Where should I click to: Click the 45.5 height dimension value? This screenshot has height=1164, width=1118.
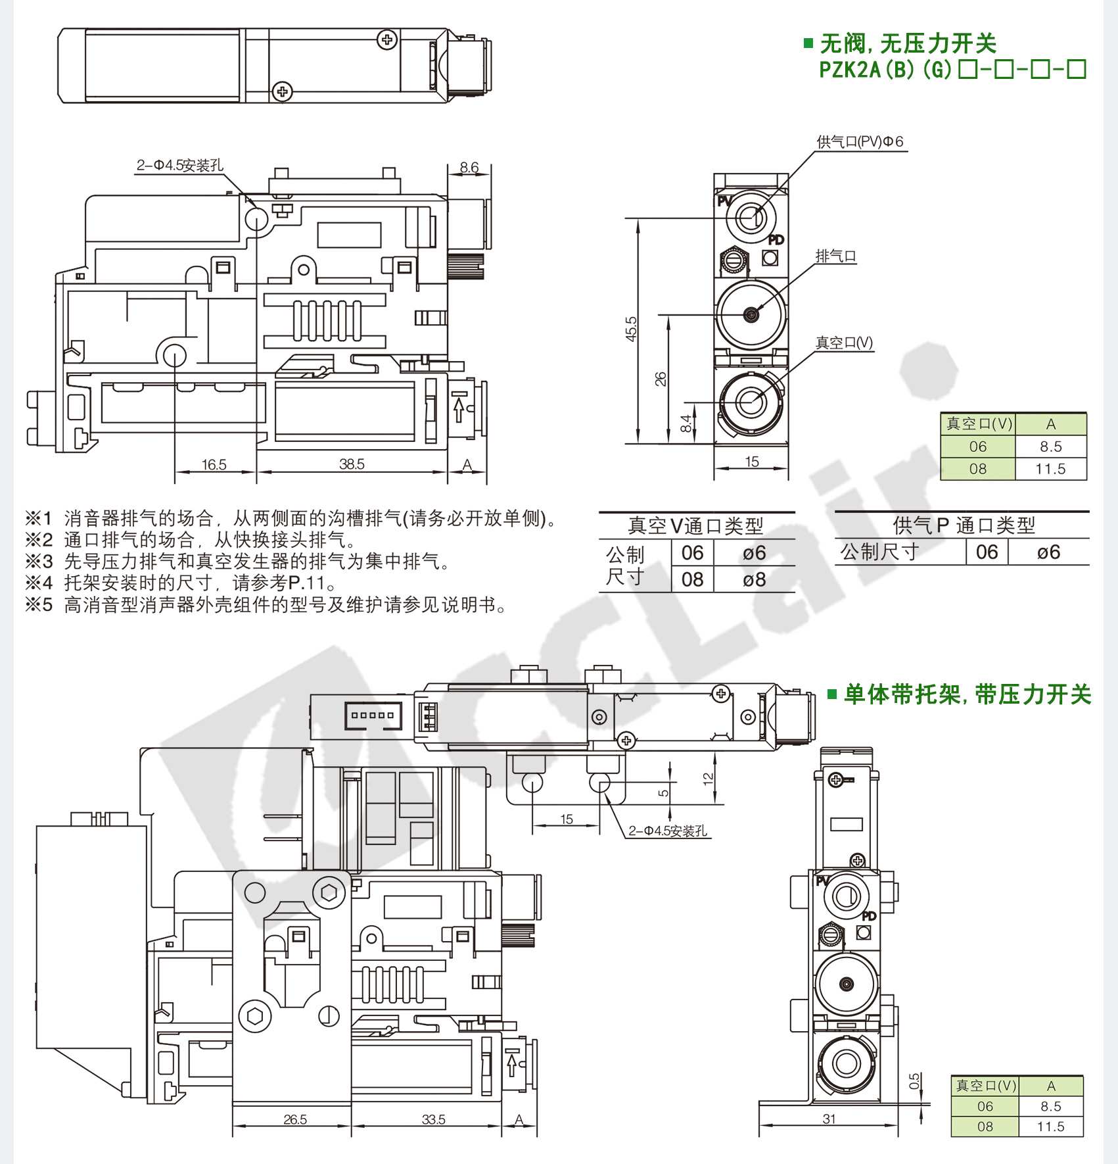point(631,329)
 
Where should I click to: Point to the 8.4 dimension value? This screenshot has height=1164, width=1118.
point(686,424)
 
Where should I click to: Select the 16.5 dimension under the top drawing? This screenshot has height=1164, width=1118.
point(214,465)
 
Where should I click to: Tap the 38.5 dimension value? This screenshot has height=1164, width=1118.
point(352,464)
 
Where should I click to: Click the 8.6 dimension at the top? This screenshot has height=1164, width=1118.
point(469,168)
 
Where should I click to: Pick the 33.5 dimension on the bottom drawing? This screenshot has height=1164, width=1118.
point(433,1119)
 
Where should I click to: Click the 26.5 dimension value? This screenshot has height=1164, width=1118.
point(295,1119)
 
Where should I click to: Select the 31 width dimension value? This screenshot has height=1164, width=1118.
point(829,1119)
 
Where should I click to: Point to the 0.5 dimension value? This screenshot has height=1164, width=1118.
point(914,1081)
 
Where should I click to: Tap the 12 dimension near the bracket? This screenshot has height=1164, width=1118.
point(708,779)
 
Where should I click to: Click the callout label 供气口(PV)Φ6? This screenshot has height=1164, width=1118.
point(860,141)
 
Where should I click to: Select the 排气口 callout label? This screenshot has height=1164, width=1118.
point(835,256)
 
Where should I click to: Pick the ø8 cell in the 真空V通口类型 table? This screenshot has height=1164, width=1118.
point(754,580)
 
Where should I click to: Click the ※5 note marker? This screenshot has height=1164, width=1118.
point(39,604)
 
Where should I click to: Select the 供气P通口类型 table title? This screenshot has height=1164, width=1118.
point(964,525)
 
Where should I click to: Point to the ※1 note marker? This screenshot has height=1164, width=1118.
point(39,518)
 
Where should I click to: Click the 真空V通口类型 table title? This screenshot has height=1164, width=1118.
point(695,526)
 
